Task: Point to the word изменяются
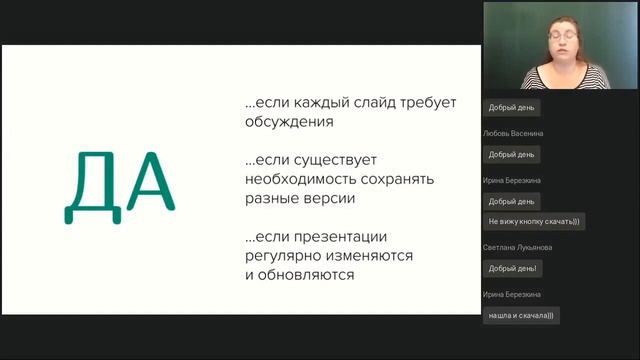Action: point(372,255)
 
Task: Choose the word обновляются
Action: point(306,274)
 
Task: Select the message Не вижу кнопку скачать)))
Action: point(533,221)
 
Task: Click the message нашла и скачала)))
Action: point(520,315)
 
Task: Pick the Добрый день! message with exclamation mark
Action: point(512,268)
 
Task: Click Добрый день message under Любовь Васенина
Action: point(511,154)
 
